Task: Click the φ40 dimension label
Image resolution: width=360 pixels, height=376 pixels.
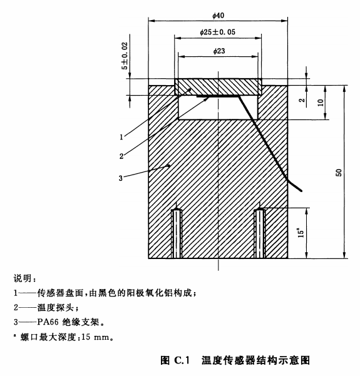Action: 218,16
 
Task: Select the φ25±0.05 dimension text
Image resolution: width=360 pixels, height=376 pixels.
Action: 217,32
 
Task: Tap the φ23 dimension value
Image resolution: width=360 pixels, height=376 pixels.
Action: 219,51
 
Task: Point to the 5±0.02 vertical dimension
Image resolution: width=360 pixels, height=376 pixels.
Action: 125,56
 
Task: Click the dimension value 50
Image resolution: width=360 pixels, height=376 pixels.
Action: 339,173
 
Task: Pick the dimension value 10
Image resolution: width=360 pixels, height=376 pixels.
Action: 321,103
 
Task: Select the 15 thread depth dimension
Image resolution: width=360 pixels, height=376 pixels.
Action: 301,233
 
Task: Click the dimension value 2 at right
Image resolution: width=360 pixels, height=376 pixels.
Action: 302,100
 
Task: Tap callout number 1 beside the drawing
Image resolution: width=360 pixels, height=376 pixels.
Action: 121,137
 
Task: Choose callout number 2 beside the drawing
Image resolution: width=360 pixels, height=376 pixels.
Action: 121,156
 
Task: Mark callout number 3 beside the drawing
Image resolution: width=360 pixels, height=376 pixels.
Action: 121,178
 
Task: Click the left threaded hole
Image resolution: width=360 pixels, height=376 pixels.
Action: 177,233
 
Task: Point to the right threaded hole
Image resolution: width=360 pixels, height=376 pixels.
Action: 260,233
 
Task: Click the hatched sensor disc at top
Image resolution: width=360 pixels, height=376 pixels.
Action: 218,87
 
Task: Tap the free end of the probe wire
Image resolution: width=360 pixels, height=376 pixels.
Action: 301,191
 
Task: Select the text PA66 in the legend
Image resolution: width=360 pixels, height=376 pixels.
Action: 48,322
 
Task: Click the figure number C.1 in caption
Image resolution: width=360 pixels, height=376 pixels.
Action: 182,360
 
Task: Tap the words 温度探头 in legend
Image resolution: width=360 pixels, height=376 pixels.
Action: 55,307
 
